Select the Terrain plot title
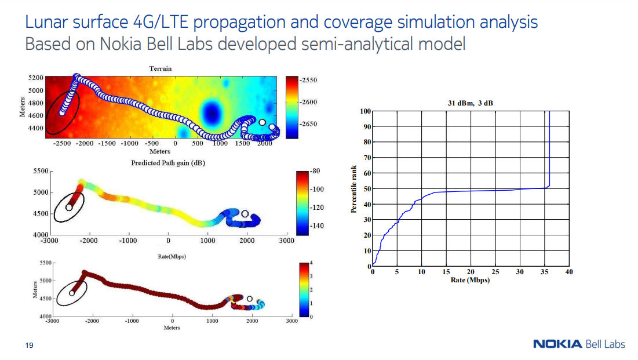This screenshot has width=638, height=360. click(x=161, y=68)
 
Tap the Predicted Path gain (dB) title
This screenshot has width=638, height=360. click(x=168, y=163)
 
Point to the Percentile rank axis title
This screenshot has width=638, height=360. click(x=354, y=188)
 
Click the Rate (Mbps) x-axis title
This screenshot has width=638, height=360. click(x=470, y=280)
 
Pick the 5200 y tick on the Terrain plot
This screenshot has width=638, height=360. click(x=35, y=77)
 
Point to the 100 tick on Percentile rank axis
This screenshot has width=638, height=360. click(x=364, y=111)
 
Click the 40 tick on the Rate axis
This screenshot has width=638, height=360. click(x=568, y=272)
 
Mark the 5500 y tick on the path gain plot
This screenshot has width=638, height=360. click(x=40, y=172)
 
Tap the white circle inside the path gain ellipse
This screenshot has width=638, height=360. click(x=69, y=208)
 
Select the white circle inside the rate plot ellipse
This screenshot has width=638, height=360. click(x=72, y=293)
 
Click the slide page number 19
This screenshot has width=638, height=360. click(x=28, y=346)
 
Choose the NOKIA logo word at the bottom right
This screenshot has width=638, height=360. click(x=557, y=344)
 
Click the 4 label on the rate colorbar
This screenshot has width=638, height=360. click(x=312, y=264)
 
